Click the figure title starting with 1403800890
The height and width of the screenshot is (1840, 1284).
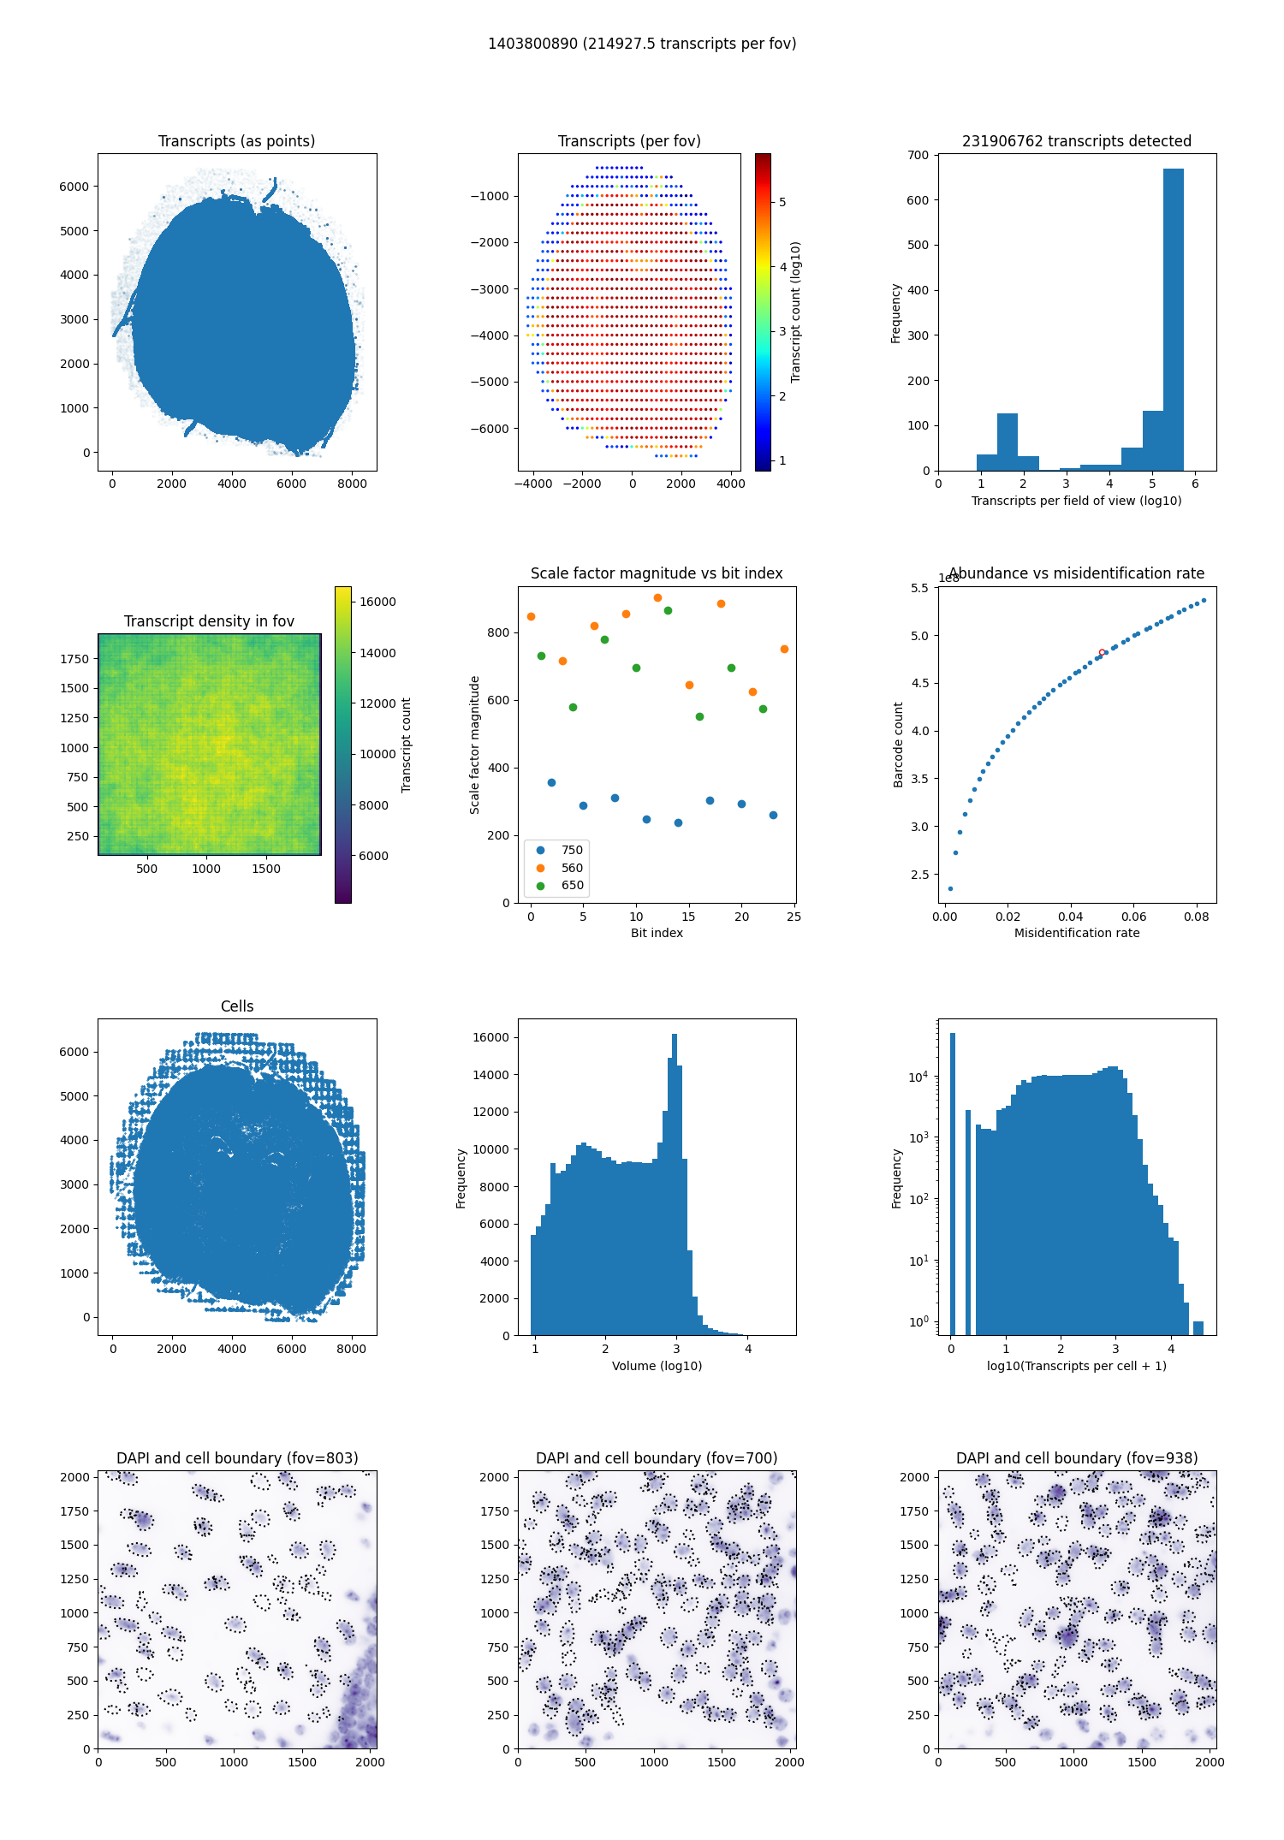point(642,44)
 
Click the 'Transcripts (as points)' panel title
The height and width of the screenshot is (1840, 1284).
point(236,141)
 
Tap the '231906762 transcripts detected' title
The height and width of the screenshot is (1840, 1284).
point(1076,141)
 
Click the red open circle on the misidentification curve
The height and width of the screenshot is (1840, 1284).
point(1102,653)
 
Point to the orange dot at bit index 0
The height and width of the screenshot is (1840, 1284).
point(531,616)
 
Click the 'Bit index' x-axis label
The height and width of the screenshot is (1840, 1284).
point(657,933)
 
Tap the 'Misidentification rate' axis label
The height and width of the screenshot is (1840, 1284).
point(1077,933)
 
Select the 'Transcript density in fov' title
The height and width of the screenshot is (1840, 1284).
point(209,621)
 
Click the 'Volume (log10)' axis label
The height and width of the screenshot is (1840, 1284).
point(657,1366)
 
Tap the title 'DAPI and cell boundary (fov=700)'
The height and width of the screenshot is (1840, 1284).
point(657,1458)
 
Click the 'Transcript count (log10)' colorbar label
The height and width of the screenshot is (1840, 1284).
point(796,312)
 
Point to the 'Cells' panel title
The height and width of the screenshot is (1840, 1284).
point(237,1006)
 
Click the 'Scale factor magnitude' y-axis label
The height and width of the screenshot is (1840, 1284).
point(474,745)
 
